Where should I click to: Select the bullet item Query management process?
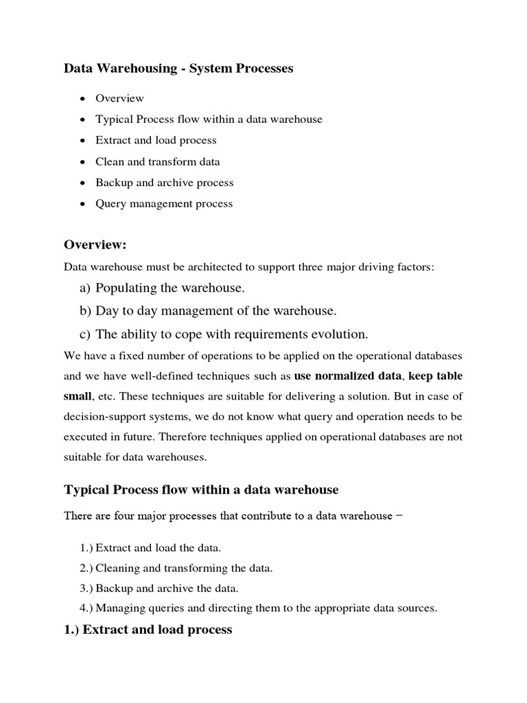tap(164, 204)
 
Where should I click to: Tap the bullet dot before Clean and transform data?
tap(82, 162)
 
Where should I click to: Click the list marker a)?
tap(86, 288)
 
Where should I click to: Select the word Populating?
tap(124, 288)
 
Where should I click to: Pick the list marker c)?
tap(86, 334)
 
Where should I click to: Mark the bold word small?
tap(77, 397)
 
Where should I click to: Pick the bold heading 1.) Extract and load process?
tap(148, 630)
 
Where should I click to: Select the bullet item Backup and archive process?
tap(165, 183)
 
